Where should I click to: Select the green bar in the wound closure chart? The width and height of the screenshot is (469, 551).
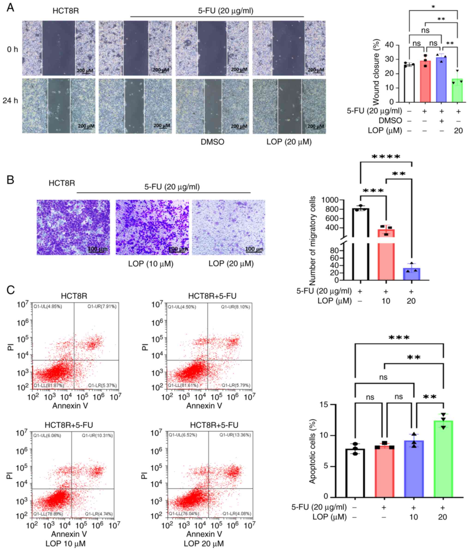pyautogui.click(x=457, y=92)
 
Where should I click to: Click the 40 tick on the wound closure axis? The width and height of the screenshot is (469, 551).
pyautogui.click(x=396, y=45)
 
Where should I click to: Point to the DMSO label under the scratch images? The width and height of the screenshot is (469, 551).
pyautogui.click(x=212, y=142)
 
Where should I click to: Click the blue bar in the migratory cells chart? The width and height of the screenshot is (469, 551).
pyautogui.click(x=412, y=275)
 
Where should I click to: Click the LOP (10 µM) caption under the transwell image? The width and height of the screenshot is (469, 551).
pyautogui.click(x=151, y=264)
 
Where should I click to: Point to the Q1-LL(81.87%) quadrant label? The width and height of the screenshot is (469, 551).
pyautogui.click(x=48, y=385)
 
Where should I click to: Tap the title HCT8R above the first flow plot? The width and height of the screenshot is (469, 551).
pyautogui.click(x=74, y=296)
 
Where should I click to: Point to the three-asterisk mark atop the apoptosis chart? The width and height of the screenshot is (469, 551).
pyautogui.click(x=399, y=338)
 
